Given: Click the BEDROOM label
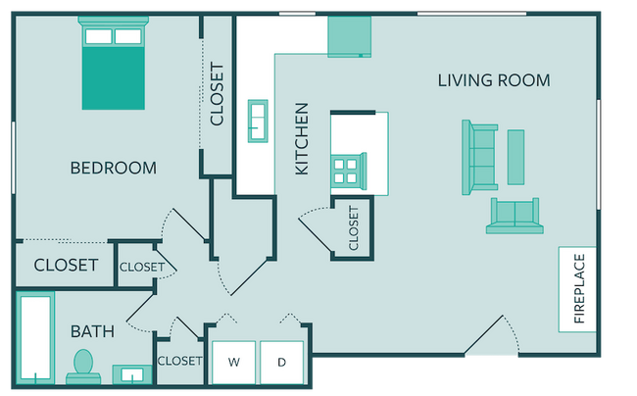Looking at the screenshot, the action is click(x=114, y=168).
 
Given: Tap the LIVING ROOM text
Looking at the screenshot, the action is click(x=494, y=80).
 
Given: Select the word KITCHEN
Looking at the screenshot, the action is click(x=302, y=139).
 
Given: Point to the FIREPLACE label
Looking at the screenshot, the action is click(x=579, y=288).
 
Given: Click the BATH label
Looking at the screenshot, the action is click(x=93, y=331).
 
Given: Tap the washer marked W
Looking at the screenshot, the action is click(x=234, y=363).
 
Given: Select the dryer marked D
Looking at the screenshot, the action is click(x=282, y=363).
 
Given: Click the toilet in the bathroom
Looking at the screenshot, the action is click(x=83, y=367).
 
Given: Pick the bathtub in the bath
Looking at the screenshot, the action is click(x=35, y=337).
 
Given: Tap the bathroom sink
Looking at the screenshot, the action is click(x=132, y=374).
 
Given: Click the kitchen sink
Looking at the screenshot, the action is click(x=258, y=121).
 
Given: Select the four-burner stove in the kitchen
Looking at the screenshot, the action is click(x=348, y=171).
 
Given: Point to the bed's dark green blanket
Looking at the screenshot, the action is click(x=114, y=78).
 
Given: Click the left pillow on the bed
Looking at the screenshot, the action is click(x=99, y=36).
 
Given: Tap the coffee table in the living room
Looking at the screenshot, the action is click(x=515, y=157).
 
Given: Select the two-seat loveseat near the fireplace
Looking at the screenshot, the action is click(x=514, y=216).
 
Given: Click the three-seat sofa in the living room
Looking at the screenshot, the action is click(x=479, y=157).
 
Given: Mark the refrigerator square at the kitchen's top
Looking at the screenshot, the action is click(x=350, y=36).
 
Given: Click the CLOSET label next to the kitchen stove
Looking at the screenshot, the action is click(x=354, y=227).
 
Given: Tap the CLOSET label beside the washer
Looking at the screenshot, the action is click(x=179, y=361).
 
